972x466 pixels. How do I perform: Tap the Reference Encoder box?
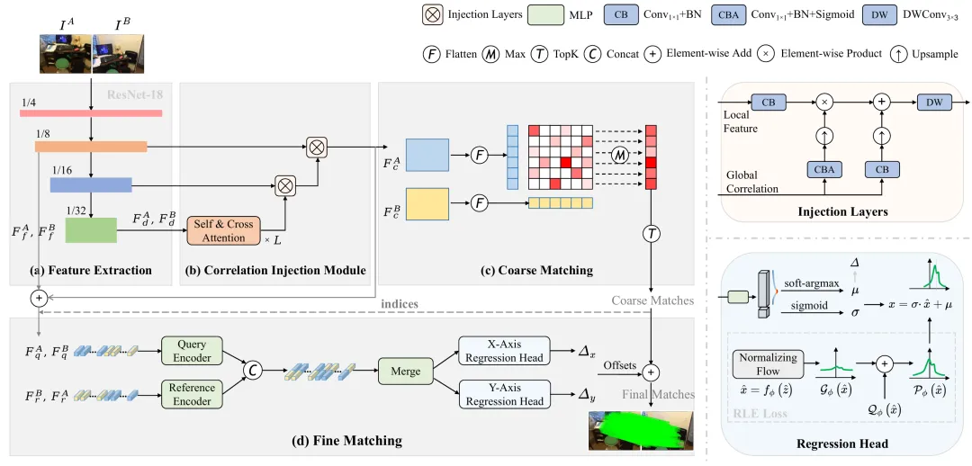pyautogui.click(x=193, y=393)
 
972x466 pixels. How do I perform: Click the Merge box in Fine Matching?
pyautogui.click(x=406, y=372)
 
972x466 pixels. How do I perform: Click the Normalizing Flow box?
pyautogui.click(x=769, y=364)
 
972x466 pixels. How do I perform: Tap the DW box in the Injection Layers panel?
pyautogui.click(x=934, y=103)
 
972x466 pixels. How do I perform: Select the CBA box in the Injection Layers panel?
pyautogui.click(x=824, y=169)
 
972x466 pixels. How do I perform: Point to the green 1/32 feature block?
pyautogui.click(x=91, y=231)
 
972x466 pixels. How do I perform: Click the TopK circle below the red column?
pyautogui.click(x=651, y=234)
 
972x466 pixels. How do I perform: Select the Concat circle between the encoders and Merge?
pyautogui.click(x=254, y=371)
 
